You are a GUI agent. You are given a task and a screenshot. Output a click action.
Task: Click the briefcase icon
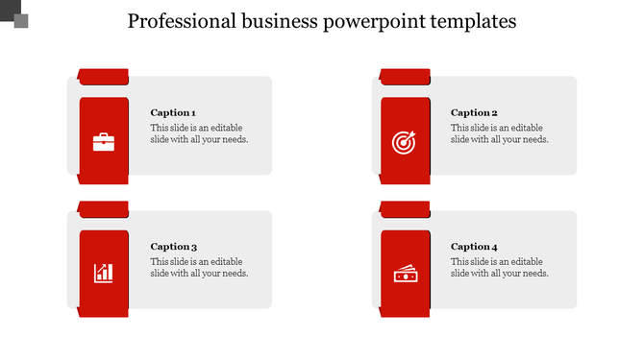(103, 142)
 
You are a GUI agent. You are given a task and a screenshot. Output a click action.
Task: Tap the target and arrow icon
(404, 142)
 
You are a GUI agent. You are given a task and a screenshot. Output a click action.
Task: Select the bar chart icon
(103, 274)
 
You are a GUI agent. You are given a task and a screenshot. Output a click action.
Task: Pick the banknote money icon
(405, 276)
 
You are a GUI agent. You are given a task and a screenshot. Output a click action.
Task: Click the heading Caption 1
(173, 112)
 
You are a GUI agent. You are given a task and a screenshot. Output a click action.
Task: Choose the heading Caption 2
(474, 112)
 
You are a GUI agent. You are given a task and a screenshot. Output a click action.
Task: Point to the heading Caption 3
(173, 247)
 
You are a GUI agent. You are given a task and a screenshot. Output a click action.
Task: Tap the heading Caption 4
(474, 247)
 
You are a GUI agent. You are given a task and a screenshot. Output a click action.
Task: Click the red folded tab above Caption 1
(103, 76)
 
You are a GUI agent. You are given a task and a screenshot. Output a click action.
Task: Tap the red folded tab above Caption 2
(404, 76)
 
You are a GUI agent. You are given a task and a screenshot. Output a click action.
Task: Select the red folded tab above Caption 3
(103, 208)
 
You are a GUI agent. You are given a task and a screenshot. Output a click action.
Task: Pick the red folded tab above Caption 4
(404, 208)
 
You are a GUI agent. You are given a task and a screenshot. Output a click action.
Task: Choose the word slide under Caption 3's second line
(161, 274)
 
